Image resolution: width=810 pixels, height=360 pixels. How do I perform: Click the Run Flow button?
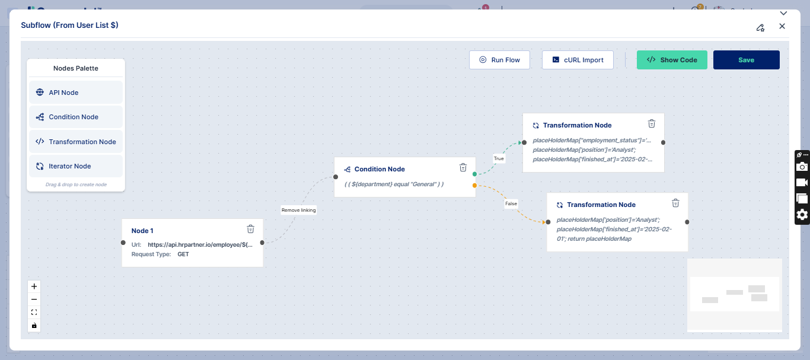[x=499, y=60]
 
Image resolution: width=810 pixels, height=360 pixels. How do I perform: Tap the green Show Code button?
[x=672, y=60]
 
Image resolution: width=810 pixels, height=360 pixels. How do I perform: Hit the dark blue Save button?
[x=747, y=60]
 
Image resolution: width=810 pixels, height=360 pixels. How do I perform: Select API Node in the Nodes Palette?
[x=76, y=93]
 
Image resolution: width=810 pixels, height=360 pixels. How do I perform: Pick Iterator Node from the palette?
[x=76, y=166]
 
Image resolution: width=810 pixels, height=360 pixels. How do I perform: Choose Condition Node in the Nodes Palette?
[x=76, y=117]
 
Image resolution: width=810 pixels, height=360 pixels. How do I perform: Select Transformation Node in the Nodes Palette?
[x=76, y=142]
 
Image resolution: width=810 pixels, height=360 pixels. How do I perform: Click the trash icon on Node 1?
[x=251, y=229]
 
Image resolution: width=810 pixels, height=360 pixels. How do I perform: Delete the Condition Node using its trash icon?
[x=463, y=167]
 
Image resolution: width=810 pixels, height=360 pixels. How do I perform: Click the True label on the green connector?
[x=499, y=158]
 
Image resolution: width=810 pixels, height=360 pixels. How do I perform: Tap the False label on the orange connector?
[x=511, y=203]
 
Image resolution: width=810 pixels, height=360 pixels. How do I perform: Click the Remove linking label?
[x=299, y=210]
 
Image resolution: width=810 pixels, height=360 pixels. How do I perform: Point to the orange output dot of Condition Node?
[x=474, y=186]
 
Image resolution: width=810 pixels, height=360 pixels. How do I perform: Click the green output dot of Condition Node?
[x=474, y=174]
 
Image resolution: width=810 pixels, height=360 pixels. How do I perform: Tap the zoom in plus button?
[x=34, y=286]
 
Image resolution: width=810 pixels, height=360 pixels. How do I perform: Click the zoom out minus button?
[x=34, y=300]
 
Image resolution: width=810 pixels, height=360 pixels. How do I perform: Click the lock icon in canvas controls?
[x=34, y=326]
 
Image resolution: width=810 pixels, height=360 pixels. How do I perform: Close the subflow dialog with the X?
[x=782, y=26]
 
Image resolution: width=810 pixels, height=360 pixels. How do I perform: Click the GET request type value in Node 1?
[x=183, y=254]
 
